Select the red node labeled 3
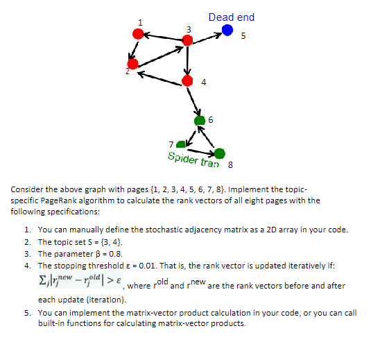click(x=187, y=41)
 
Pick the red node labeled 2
click(x=132, y=64)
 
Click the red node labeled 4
click(x=186, y=80)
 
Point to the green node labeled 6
click(x=201, y=119)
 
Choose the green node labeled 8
click(x=220, y=153)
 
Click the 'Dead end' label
click(x=231, y=17)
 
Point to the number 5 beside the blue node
click(x=243, y=35)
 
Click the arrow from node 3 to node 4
click(x=187, y=61)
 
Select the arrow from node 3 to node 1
click(x=162, y=37)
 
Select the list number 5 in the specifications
click(x=26, y=313)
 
